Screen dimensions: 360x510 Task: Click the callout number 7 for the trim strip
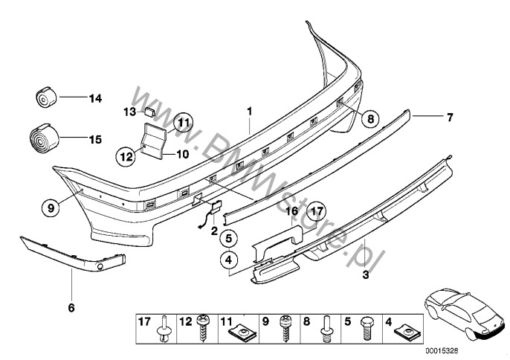click(x=448, y=118)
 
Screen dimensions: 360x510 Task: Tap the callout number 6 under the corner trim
click(x=72, y=306)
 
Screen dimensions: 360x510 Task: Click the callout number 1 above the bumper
click(x=250, y=112)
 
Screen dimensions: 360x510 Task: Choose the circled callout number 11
click(x=184, y=122)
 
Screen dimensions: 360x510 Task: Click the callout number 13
click(x=129, y=112)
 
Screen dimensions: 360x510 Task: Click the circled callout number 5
click(x=229, y=240)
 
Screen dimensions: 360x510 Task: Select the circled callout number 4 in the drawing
click(x=229, y=260)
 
